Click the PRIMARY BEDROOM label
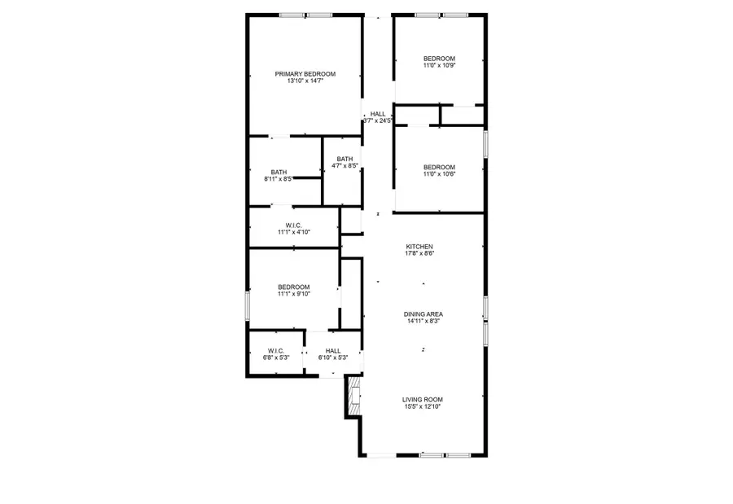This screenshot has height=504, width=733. pyautogui.click(x=305, y=74)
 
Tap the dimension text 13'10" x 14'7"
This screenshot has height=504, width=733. pyautogui.click(x=305, y=81)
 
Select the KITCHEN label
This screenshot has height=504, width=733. pyautogui.click(x=419, y=247)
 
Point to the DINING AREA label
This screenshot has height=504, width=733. pyautogui.click(x=424, y=314)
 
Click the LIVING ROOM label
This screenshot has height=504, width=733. pyautogui.click(x=423, y=399)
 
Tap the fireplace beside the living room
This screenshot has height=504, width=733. pyautogui.click(x=353, y=397)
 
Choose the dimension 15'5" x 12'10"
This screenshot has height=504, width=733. pyautogui.click(x=423, y=406)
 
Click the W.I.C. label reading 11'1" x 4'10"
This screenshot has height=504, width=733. pyautogui.click(x=293, y=225)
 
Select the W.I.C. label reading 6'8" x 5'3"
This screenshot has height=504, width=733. pyautogui.click(x=274, y=351)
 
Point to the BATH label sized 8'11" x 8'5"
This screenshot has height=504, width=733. pyautogui.click(x=279, y=172)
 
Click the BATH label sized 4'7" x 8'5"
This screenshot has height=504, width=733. pyautogui.click(x=345, y=159)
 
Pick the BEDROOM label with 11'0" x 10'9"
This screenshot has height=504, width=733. pyautogui.click(x=439, y=59)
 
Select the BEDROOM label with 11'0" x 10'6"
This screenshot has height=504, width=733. pyautogui.click(x=439, y=167)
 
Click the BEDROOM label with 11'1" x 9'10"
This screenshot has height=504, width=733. pyautogui.click(x=293, y=287)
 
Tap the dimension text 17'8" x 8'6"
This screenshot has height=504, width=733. pyautogui.click(x=419, y=254)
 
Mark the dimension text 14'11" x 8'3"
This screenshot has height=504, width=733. pyautogui.click(x=424, y=322)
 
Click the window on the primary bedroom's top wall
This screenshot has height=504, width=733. pyautogui.click(x=305, y=15)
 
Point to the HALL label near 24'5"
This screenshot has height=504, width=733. pyautogui.click(x=378, y=114)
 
